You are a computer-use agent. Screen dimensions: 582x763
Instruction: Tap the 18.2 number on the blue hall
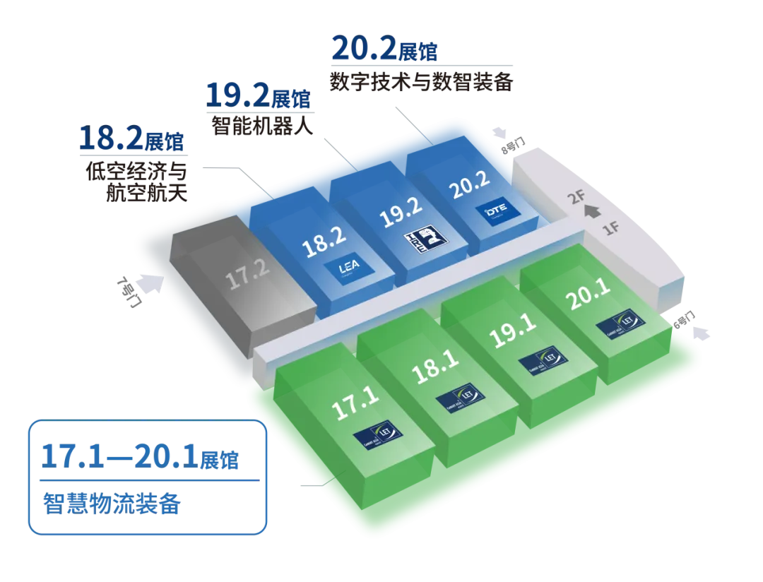(x=322, y=244)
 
